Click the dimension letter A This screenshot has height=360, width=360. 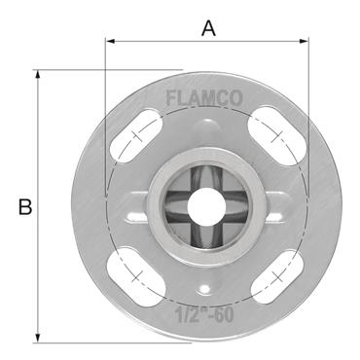pos(207,28)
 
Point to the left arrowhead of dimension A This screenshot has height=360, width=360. pos(109,41)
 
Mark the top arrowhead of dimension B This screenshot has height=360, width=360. pos(38,74)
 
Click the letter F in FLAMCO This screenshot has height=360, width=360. pos(171,98)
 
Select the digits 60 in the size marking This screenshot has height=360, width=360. pos(226,313)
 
